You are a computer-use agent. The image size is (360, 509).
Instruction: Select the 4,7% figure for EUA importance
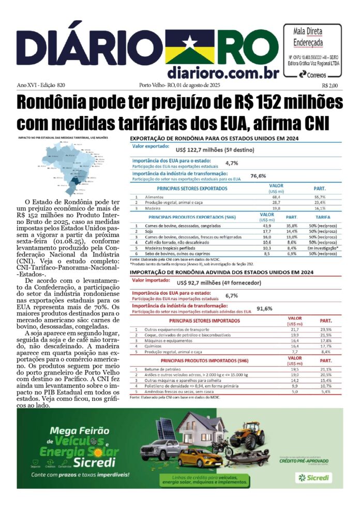coord(231,163)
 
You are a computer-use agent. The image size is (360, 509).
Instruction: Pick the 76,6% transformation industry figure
coord(258,176)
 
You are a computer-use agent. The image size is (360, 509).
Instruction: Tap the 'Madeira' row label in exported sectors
coord(153,208)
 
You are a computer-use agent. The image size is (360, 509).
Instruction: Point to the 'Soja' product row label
coord(149,231)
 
